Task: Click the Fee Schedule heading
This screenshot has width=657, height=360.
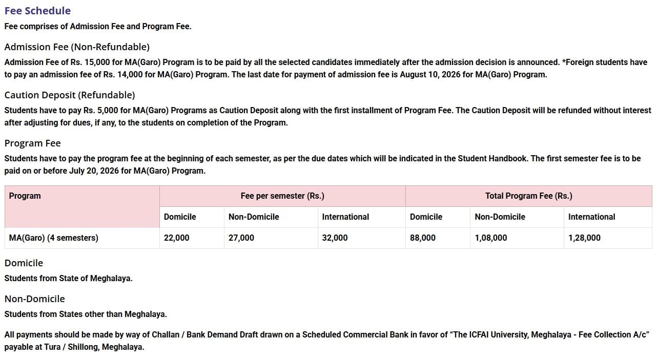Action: [x=37, y=11]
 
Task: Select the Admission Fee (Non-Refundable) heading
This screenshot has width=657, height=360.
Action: [x=77, y=47]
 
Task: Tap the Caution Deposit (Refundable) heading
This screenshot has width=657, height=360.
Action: [x=70, y=95]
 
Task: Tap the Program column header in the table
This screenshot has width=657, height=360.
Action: [x=25, y=196]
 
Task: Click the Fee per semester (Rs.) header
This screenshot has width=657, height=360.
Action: [x=282, y=196]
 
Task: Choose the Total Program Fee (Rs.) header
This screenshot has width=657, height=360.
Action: [x=528, y=196]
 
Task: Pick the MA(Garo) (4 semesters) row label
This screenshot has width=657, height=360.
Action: [x=54, y=238]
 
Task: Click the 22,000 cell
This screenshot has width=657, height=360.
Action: [x=176, y=238]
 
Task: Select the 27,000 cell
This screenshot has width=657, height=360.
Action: [x=241, y=238]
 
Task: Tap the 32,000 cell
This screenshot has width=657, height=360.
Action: [x=335, y=238]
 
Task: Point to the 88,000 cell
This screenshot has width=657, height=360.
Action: [x=423, y=238]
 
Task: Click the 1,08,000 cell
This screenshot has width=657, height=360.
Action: [x=491, y=238]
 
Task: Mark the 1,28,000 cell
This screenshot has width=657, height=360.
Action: [x=584, y=238]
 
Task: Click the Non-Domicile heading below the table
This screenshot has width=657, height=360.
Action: [x=35, y=299]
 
